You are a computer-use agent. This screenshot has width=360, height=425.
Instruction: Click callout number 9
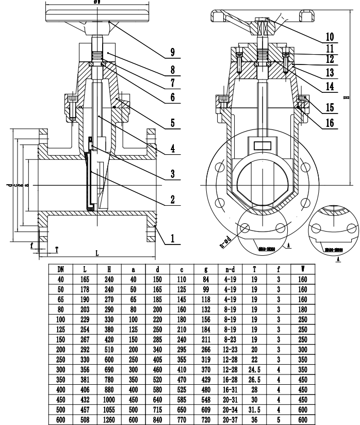pyautogui.click(x=172, y=52)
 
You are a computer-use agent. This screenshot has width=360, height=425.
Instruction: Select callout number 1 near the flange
pyautogui.click(x=172, y=239)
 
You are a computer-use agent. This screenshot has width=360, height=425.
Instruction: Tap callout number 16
pyautogui.click(x=330, y=123)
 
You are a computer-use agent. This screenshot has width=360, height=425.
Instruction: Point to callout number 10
pyautogui.click(x=330, y=37)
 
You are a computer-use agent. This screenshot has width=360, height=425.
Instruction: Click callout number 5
pyautogui.click(x=172, y=124)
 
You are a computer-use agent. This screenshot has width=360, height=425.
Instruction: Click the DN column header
pyautogui.click(x=60, y=269)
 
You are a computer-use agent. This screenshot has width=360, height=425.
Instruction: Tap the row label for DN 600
pyautogui.click(x=60, y=419)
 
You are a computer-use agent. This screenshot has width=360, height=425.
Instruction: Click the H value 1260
pyautogui.click(x=109, y=419)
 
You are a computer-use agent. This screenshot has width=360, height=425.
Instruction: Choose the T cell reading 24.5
pyautogui.click(x=254, y=369)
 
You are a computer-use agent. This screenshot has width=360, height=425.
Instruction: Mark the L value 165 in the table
pyautogui.click(x=85, y=279)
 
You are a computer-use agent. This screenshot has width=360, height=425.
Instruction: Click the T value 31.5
pyautogui.click(x=254, y=410)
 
